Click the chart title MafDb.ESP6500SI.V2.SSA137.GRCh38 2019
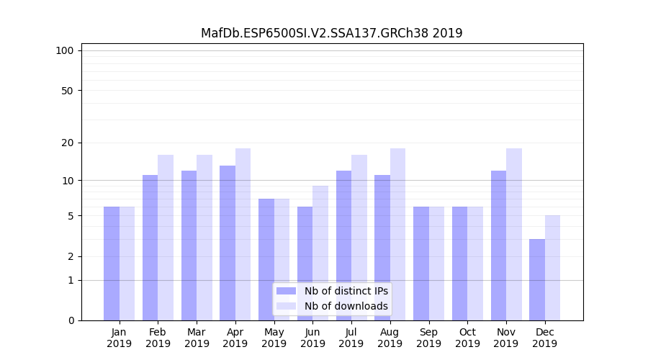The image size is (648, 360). (x=331, y=33)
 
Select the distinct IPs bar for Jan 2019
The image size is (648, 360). (x=112, y=264)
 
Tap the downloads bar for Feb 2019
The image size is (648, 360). (x=166, y=238)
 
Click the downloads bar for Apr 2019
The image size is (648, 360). (x=243, y=235)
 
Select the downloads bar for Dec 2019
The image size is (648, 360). (x=552, y=268)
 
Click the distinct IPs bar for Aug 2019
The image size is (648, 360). (x=382, y=248)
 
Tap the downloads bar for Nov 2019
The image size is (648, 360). (x=514, y=235)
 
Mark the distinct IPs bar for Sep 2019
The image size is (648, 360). (x=421, y=264)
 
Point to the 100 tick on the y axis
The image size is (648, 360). (x=65, y=50)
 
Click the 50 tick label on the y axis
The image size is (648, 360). (x=68, y=91)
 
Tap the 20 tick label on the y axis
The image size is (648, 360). (x=68, y=143)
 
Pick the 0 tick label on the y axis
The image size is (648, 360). (x=71, y=320)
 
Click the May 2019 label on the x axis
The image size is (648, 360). (x=274, y=338)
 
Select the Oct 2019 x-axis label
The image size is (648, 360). (x=467, y=338)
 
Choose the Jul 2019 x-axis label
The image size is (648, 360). (x=351, y=338)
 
